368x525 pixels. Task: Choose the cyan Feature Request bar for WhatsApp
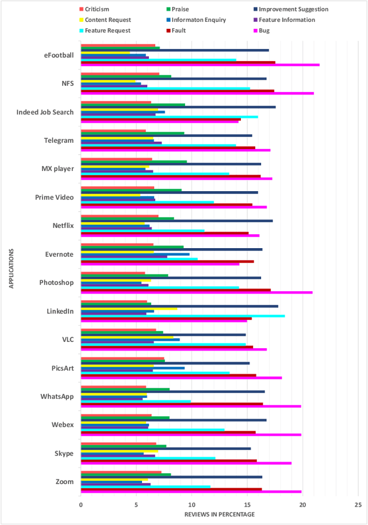pos(136,401)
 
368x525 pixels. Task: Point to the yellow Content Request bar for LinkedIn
pos(129,309)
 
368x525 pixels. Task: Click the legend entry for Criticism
pos(97,9)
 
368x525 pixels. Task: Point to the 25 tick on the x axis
pos(358,504)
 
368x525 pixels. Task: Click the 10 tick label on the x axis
pos(191,504)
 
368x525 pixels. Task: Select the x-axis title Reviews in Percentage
pos(219,514)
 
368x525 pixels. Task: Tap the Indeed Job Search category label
pos(45,112)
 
